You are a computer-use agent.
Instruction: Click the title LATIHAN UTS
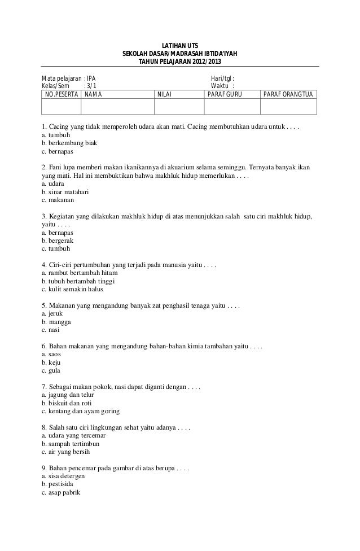pyautogui.click(x=180, y=46)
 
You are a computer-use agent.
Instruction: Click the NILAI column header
pyautogui.click(x=164, y=94)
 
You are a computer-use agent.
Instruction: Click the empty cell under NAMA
pyautogui.click(x=117, y=107)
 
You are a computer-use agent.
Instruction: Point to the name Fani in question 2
pyautogui.click(x=58, y=168)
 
